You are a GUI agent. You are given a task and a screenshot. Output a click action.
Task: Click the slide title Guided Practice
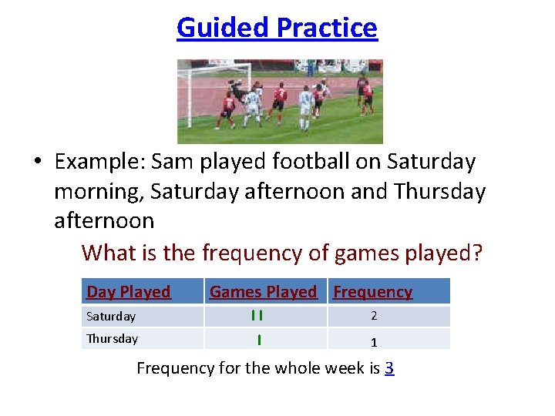277,28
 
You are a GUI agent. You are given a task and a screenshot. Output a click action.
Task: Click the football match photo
280,102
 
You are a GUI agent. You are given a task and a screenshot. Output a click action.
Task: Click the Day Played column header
129,292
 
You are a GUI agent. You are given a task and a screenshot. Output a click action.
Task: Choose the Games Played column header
263,292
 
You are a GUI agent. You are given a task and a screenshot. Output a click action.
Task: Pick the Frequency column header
372,292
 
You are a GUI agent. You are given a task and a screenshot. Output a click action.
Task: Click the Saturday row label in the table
111,317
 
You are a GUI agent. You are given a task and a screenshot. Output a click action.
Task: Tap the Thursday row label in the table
113,339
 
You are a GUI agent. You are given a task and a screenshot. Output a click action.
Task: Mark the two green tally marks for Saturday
257,316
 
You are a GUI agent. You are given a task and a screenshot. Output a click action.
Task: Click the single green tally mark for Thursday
259,339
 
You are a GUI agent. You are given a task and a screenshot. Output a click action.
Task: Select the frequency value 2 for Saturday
374,316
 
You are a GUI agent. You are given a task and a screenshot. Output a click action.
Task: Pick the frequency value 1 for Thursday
374,342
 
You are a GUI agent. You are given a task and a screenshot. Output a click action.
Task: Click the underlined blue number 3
389,368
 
